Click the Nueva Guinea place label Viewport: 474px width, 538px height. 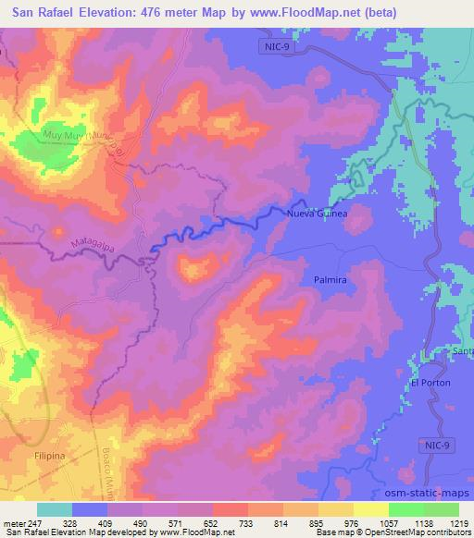click(x=318, y=214)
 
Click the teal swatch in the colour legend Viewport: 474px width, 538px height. click(x=55, y=509)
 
